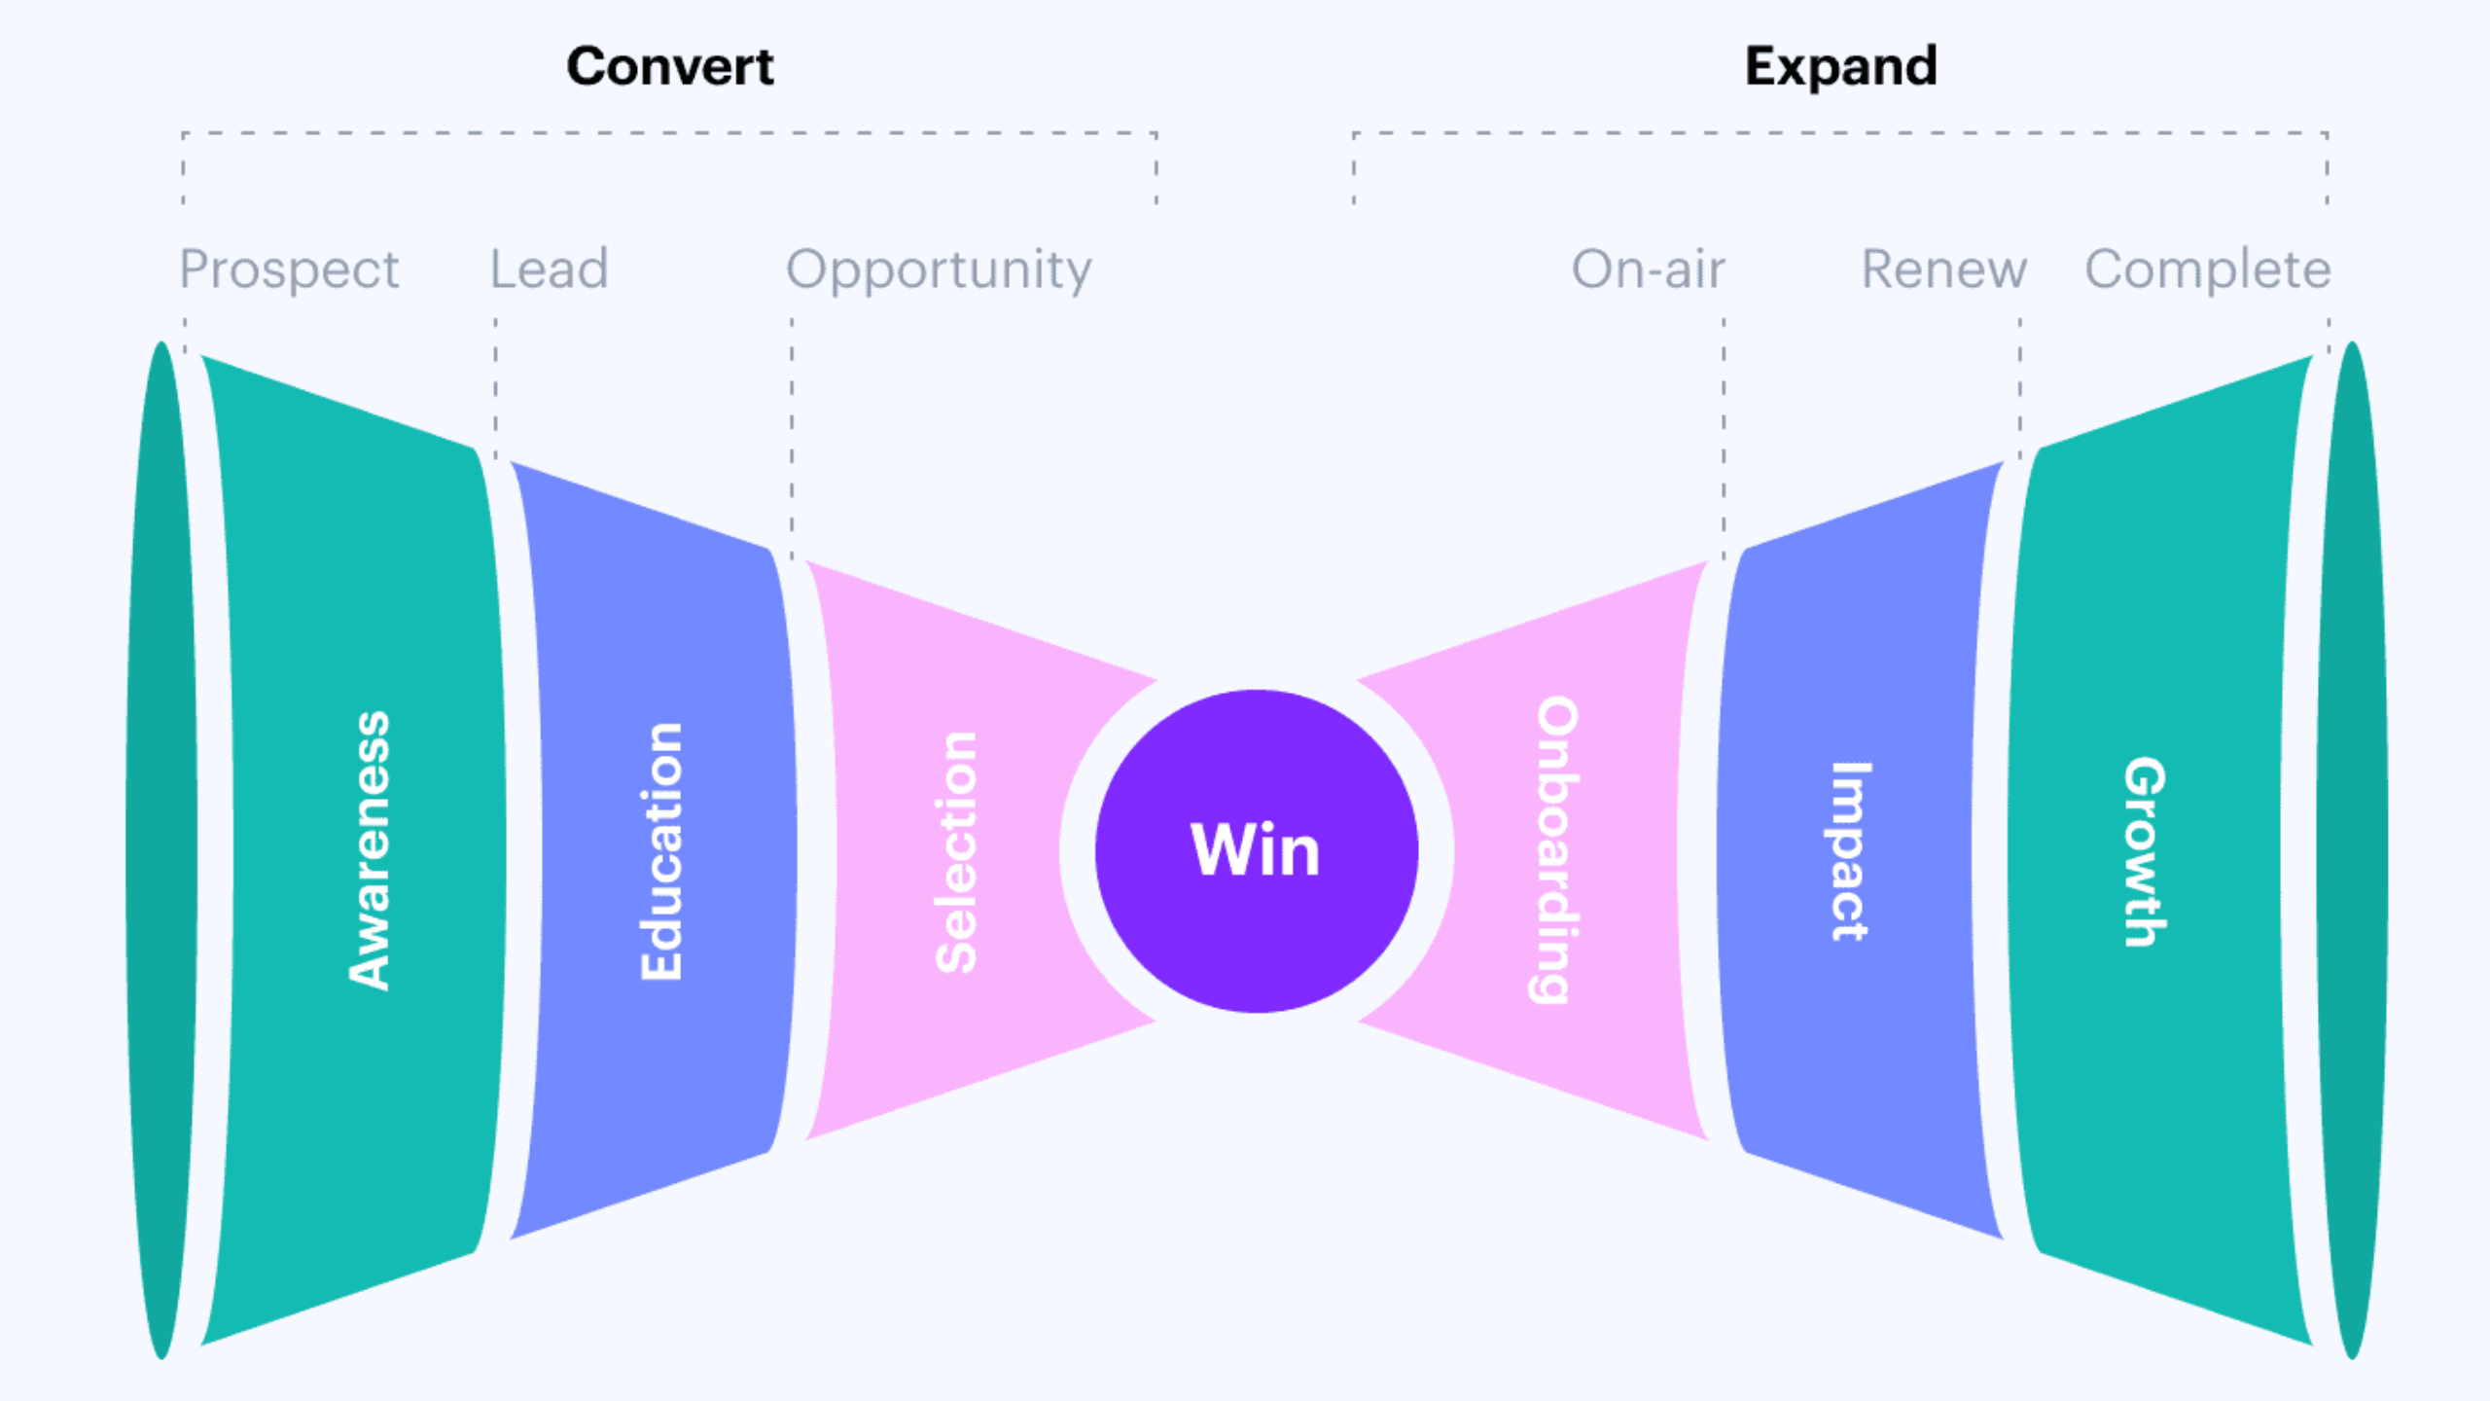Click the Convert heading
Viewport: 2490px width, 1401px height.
670,67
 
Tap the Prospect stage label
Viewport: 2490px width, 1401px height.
290,269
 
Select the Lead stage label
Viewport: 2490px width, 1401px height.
550,269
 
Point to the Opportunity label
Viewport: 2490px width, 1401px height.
939,270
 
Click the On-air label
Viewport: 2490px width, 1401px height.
1649,269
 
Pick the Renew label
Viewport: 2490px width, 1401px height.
1944,269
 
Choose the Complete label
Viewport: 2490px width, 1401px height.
2208,269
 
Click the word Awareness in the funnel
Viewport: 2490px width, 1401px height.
370,851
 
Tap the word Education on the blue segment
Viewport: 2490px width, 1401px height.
661,851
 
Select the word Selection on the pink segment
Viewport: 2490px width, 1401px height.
956,852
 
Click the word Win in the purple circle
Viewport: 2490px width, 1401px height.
1256,850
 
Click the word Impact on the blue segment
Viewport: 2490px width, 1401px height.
1849,851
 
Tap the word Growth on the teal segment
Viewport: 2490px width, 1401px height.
2145,851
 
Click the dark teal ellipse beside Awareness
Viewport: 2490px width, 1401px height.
161,850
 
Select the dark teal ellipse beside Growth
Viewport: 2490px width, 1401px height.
2352,850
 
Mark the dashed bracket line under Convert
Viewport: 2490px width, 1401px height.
669,133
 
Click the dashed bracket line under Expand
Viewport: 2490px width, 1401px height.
1840,133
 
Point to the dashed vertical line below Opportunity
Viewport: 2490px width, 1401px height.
792,438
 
